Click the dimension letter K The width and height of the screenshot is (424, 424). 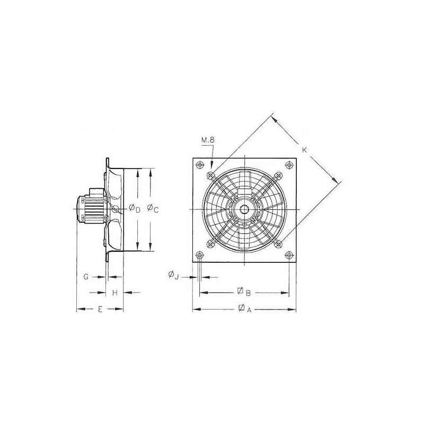point(304,151)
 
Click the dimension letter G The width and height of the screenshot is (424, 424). point(86,277)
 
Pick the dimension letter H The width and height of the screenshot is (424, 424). point(114,293)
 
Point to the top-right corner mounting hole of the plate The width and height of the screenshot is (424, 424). point(289,165)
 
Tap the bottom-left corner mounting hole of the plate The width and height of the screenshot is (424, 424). point(200,255)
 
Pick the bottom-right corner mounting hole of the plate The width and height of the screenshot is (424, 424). point(289,255)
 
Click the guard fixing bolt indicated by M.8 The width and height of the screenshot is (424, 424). point(211,175)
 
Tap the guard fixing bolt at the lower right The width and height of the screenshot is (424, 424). point(279,244)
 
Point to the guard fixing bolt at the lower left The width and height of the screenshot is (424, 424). point(211,244)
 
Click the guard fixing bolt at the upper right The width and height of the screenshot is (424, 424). point(279,175)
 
